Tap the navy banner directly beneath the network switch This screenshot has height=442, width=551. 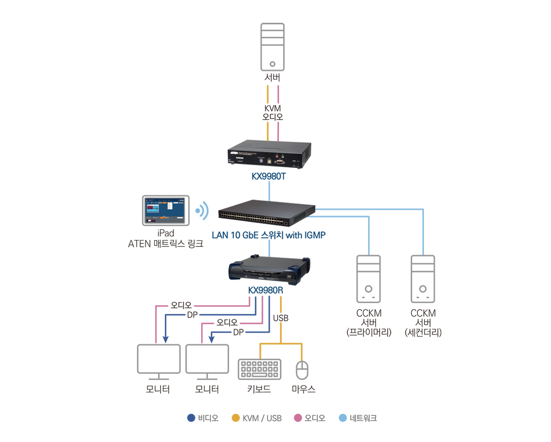tap(275, 237)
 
